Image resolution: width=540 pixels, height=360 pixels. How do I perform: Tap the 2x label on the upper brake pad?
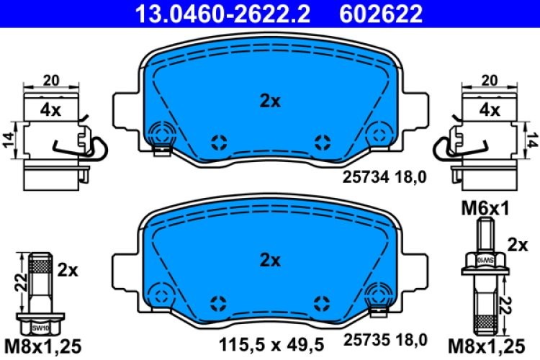coord(270,101)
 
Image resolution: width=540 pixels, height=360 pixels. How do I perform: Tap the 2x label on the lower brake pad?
coord(270,261)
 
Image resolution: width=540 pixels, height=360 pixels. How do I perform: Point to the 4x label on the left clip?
coord(50,110)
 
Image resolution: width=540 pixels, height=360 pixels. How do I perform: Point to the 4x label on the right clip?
coord(490,110)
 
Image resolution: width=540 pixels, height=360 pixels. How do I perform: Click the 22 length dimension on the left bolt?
coord(22,284)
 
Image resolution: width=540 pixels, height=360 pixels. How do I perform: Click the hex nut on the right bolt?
coord(486,258)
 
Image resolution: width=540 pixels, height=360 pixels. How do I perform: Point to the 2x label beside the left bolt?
coord(67,270)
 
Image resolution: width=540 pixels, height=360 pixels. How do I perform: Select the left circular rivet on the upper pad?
coord(161,132)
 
